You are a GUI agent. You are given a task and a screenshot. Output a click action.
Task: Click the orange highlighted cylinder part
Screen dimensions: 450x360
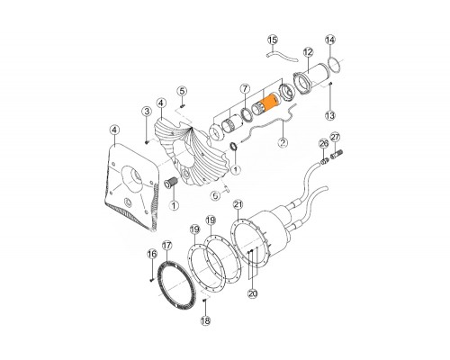(x=270, y=102)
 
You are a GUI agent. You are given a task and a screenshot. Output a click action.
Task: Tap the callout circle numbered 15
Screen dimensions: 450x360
(x=273, y=40)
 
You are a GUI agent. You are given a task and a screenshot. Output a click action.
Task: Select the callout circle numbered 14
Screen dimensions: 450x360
(x=330, y=40)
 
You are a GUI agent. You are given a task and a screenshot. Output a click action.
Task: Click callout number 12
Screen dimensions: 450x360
(x=308, y=52)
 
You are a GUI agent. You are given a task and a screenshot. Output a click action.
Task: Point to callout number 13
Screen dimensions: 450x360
(x=330, y=115)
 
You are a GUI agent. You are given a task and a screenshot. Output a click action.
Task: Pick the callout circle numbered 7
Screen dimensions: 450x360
(x=245, y=89)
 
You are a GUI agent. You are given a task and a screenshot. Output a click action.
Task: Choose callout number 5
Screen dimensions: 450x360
(x=182, y=91)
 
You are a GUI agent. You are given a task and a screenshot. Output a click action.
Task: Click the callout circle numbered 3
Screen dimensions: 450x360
(x=147, y=112)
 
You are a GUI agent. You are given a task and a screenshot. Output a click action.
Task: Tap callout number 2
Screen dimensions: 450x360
(x=283, y=142)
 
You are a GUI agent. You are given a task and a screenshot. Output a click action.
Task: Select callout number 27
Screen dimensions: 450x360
(x=335, y=138)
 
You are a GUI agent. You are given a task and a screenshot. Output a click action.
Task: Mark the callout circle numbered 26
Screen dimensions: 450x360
(x=324, y=144)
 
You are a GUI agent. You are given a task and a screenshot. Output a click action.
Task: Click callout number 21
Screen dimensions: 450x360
(x=238, y=204)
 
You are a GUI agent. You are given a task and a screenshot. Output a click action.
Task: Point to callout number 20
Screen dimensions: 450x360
(x=253, y=293)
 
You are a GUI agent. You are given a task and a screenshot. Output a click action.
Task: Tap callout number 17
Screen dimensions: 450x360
(x=166, y=246)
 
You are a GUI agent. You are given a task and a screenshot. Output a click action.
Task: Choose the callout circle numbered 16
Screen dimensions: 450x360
(x=152, y=254)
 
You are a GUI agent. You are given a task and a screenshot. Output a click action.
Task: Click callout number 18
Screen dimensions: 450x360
(x=205, y=320)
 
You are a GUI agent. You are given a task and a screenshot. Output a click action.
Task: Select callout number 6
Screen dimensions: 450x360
(x=215, y=196)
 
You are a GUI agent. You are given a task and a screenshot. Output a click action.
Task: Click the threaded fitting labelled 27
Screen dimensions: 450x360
(x=337, y=156)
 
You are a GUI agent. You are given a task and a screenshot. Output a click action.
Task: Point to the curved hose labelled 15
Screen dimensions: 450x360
(x=282, y=56)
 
